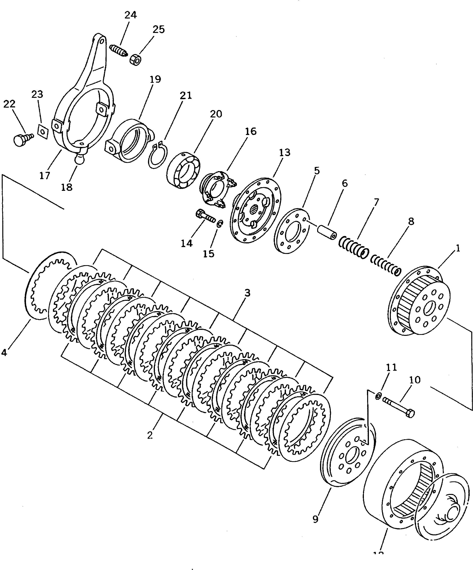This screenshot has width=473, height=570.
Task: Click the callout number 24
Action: [x=130, y=15]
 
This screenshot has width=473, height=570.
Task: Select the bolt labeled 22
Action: [x=21, y=139]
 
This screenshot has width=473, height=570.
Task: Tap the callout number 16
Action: [x=251, y=131]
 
